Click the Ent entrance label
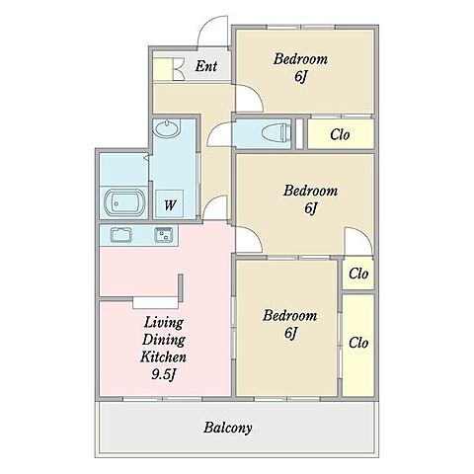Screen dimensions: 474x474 [x=206, y=66]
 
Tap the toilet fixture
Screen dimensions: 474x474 [x=276, y=133]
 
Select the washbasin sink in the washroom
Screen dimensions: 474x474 [x=167, y=127]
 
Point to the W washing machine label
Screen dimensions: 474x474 [x=170, y=205]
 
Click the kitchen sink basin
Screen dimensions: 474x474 [x=121, y=235]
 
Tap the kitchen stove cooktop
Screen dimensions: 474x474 [x=164, y=235]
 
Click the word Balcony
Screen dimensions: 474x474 [x=228, y=428]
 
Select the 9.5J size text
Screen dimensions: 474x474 [x=164, y=374]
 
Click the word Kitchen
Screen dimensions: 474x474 [x=164, y=356]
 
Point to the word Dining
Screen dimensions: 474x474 [x=164, y=340]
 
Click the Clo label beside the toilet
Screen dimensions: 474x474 [x=340, y=134]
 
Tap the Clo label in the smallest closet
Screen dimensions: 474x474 [x=358, y=274]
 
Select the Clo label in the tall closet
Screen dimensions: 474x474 [x=358, y=343]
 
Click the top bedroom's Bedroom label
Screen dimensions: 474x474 [x=300, y=59]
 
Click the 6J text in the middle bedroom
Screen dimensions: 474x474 [x=311, y=208]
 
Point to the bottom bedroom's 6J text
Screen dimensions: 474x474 [x=290, y=333]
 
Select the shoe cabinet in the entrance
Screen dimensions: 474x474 [x=162, y=69]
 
